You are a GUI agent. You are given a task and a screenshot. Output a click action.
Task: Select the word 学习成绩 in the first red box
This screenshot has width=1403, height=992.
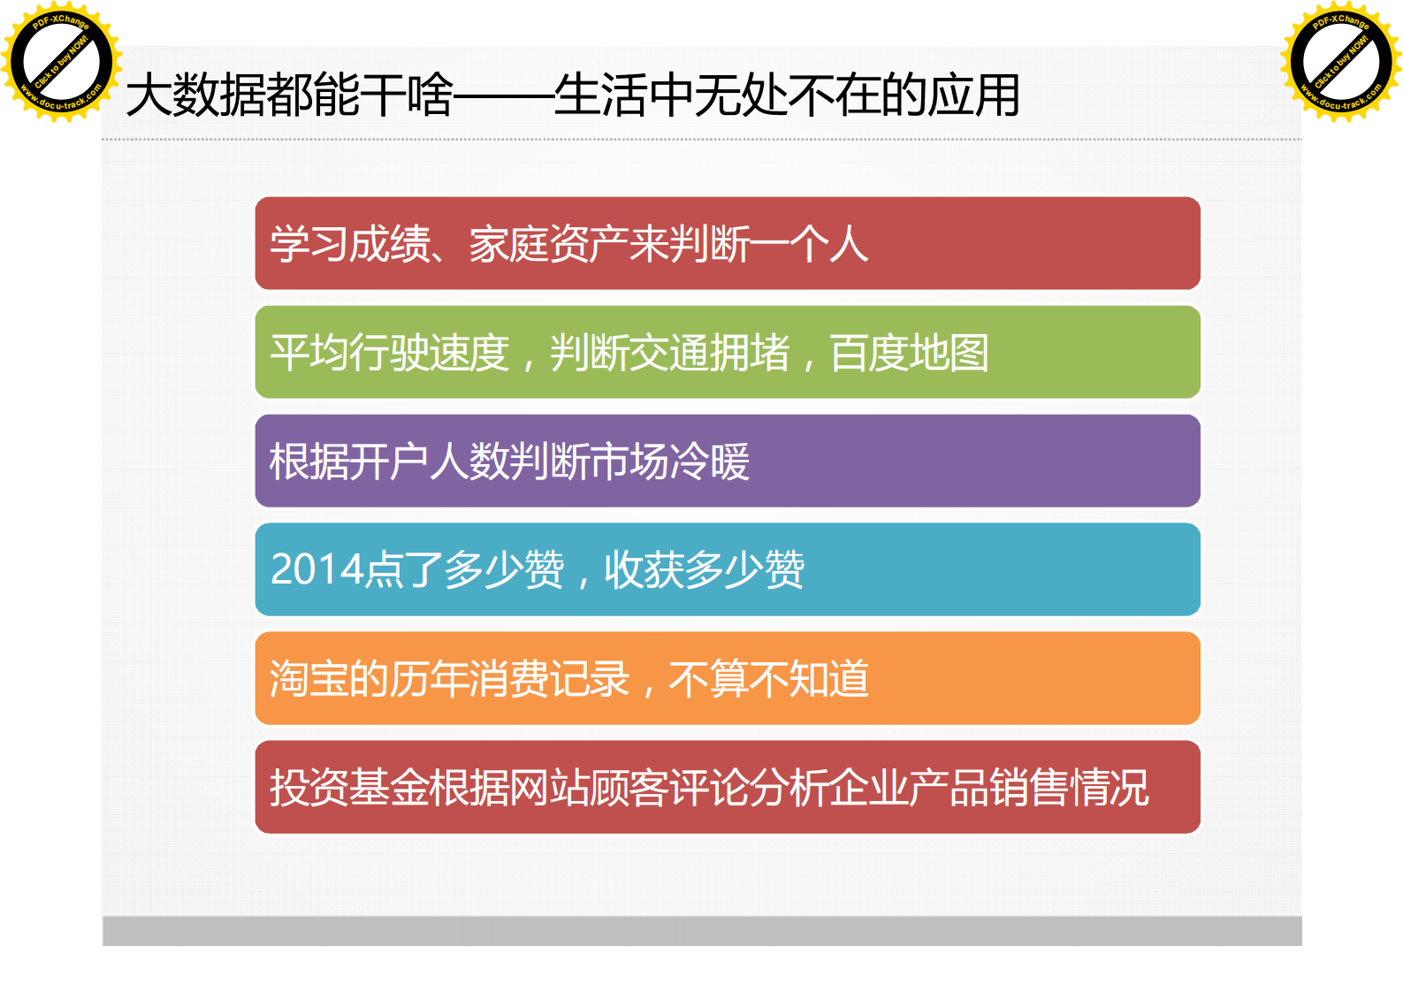coord(350,244)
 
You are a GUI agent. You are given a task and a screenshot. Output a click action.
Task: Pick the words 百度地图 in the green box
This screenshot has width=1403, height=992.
coord(909,353)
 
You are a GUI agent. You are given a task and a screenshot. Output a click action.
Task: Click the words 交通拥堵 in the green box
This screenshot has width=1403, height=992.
coord(669,353)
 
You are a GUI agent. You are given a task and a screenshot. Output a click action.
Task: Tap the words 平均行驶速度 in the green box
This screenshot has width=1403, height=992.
coord(390,353)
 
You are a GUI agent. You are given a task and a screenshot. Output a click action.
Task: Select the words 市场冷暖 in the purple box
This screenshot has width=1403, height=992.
coord(670,461)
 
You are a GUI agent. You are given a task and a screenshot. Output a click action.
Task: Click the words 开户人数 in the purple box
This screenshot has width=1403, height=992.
coord(429,461)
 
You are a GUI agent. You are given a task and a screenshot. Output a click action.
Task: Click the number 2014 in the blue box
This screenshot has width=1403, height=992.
coord(317,569)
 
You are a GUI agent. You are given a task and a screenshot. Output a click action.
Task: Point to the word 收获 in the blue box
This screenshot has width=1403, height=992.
coord(644,569)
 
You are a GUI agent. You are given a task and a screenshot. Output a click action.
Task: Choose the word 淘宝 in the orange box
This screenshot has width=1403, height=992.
coord(309,679)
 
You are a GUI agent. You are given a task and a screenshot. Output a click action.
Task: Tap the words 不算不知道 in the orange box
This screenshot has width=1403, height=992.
coord(768,679)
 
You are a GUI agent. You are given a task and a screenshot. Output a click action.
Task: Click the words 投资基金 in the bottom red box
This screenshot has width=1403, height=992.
coord(349,787)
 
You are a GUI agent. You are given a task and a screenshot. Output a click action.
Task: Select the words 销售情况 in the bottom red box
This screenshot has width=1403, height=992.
coord(1069,787)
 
